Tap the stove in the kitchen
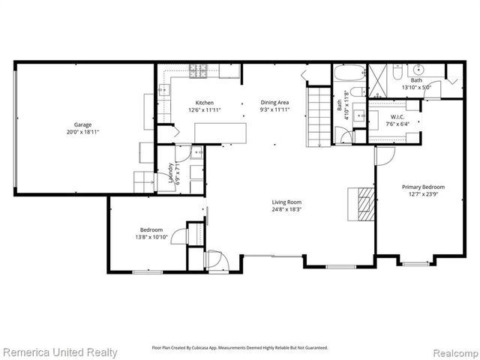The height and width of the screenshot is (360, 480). coord(200,72)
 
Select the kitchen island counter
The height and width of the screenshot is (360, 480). coord(220,132)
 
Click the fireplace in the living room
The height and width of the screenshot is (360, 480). coord(364,201)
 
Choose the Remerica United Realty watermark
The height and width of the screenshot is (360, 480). coord(60,352)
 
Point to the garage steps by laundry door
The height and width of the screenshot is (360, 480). coord(142,182)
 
